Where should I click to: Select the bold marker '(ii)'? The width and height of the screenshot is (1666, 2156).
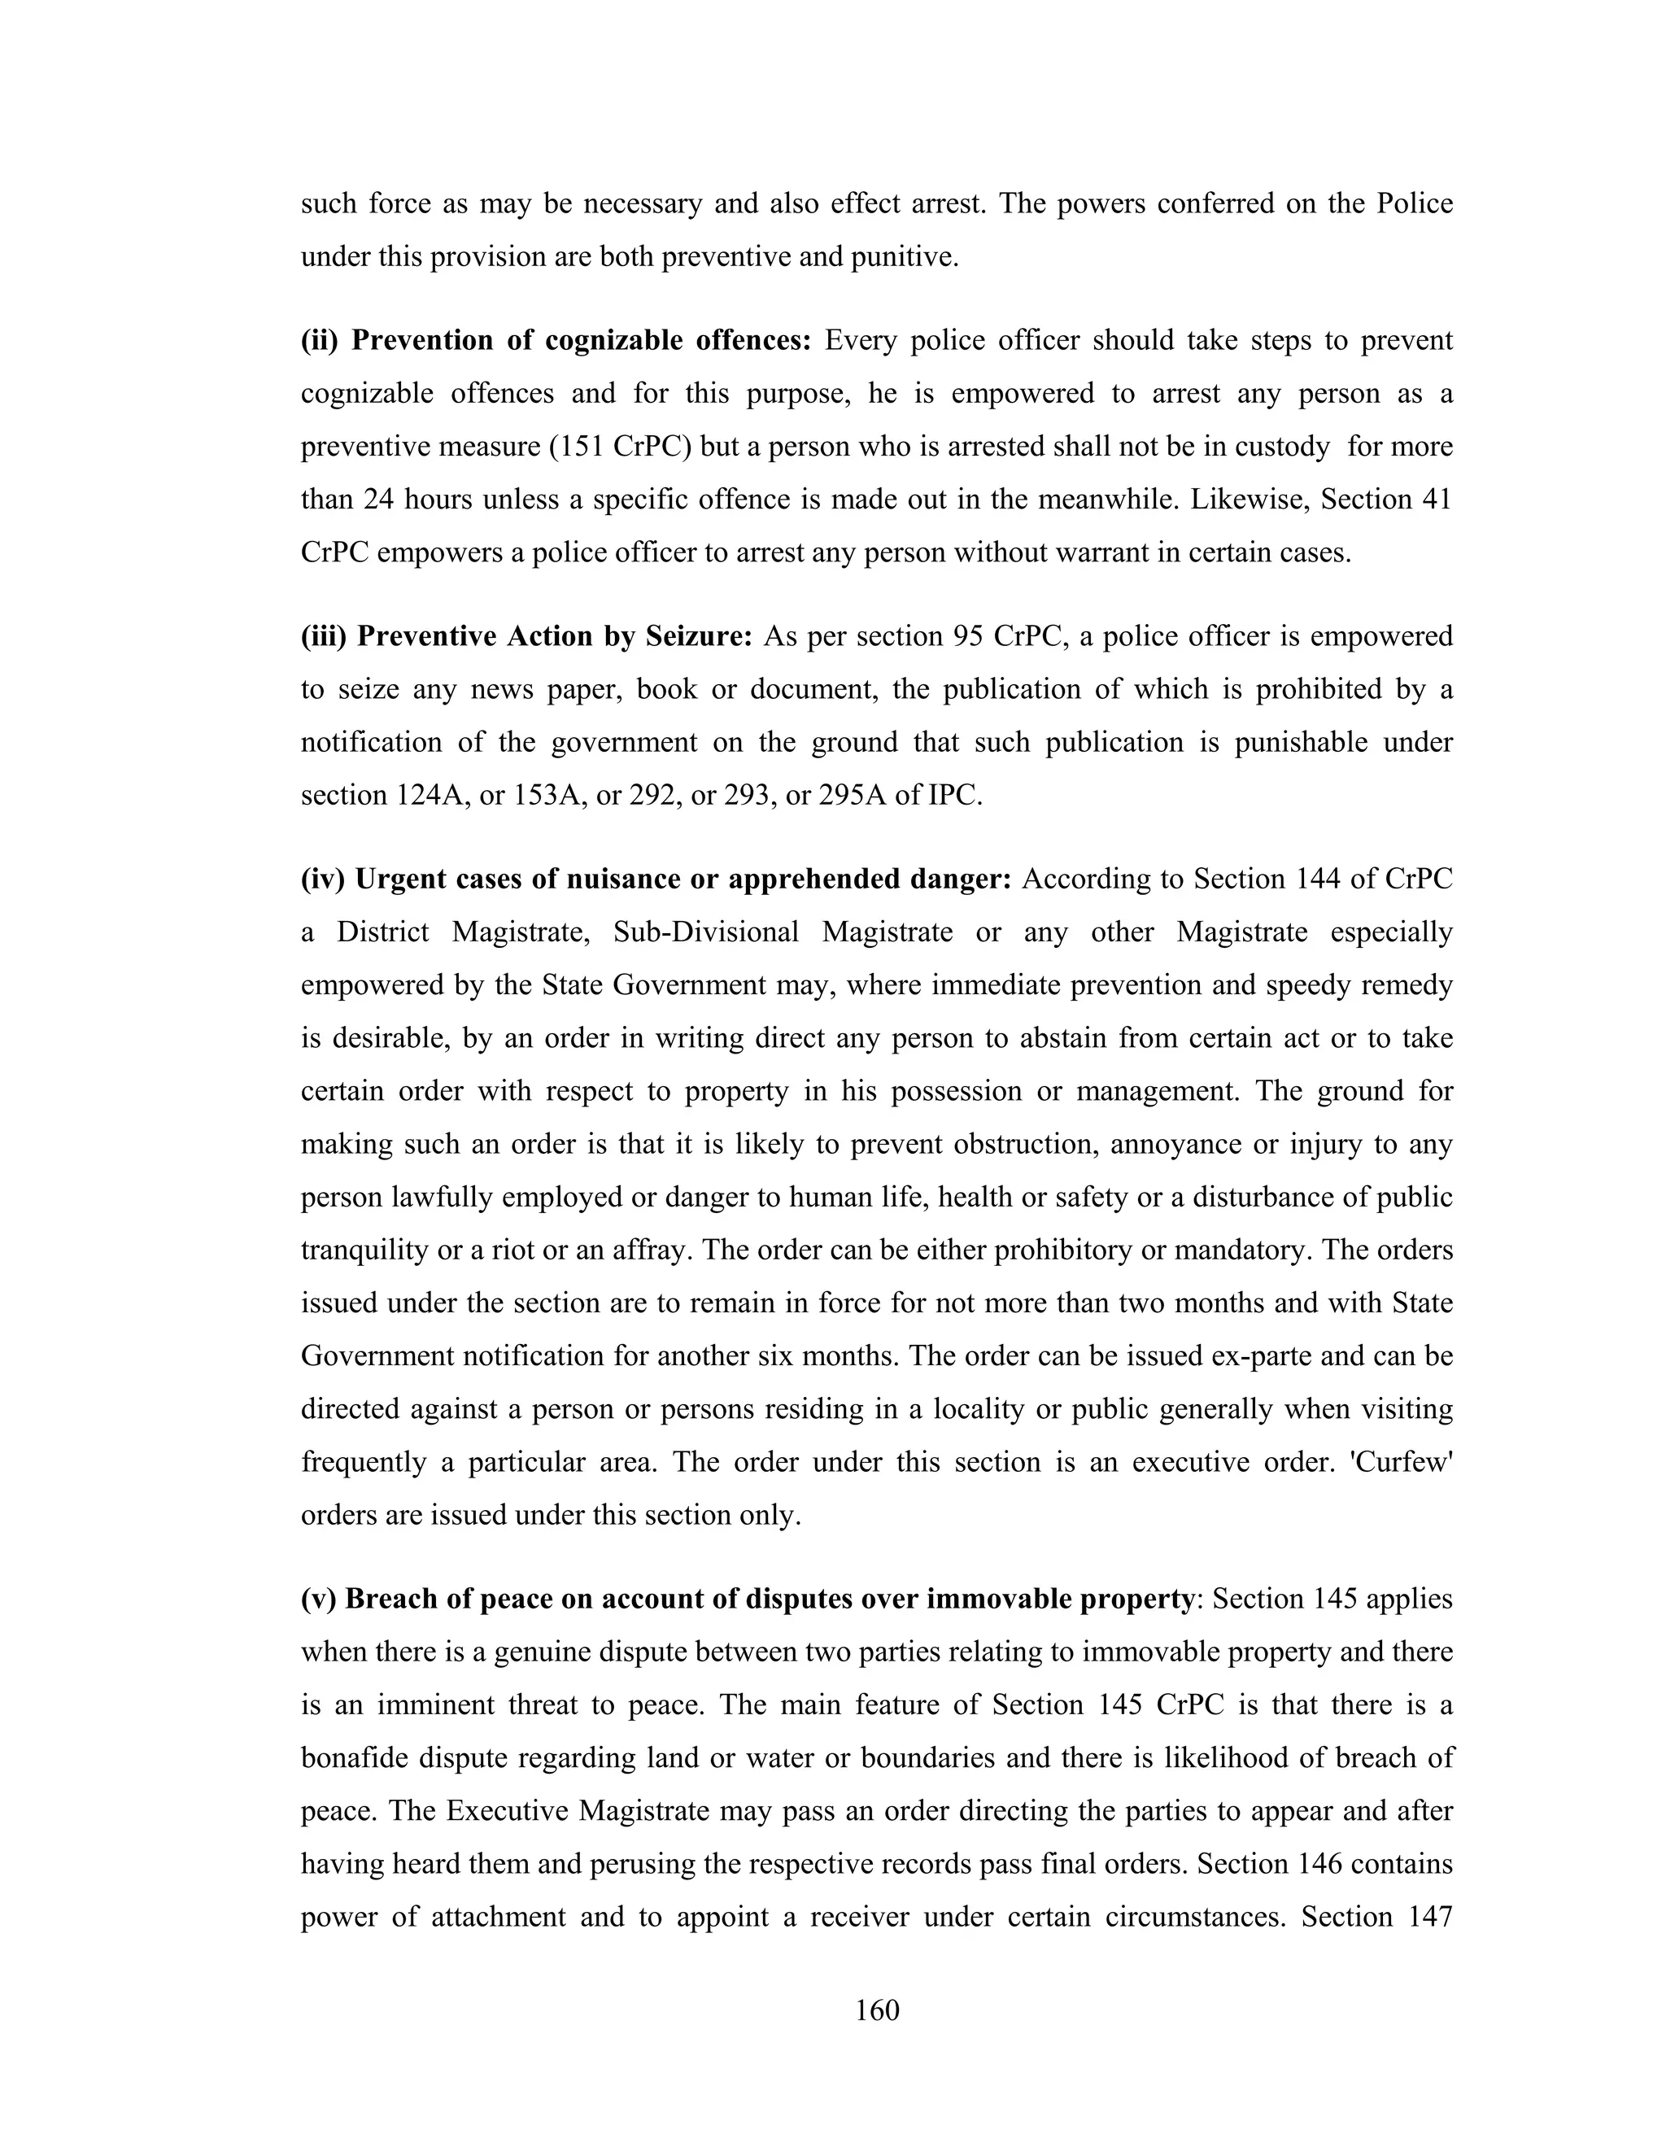point(320,342)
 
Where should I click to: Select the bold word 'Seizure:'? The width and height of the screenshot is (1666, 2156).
point(699,637)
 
